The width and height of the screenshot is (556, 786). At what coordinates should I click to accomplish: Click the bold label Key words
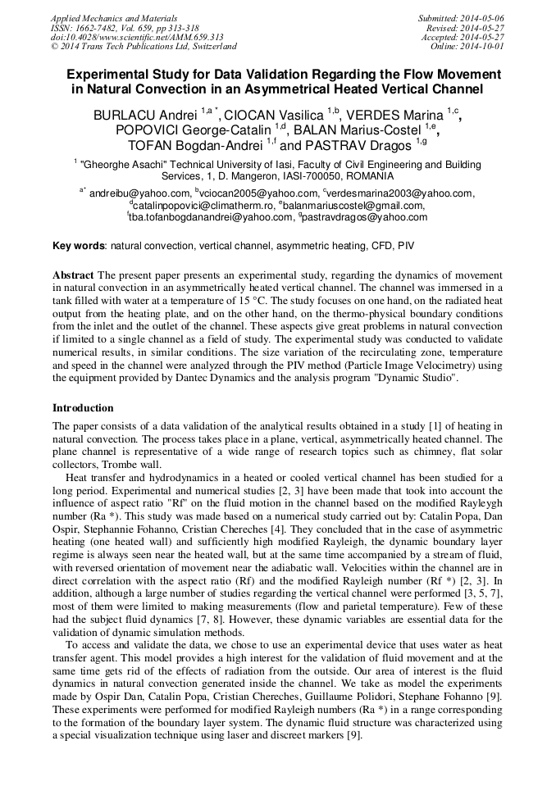pyautogui.click(x=79, y=245)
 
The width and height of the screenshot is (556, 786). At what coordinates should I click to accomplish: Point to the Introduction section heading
pyautogui.click(x=83, y=408)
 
